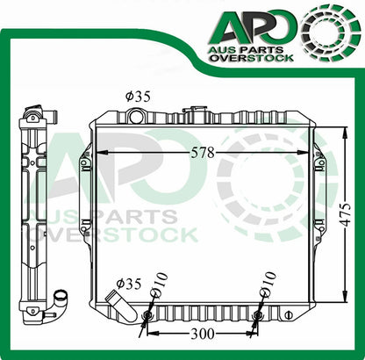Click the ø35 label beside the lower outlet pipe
[x=129, y=284]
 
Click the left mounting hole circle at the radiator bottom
[x=147, y=314]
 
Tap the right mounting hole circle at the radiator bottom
[x=258, y=314]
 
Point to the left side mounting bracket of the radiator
[x=86, y=188]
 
